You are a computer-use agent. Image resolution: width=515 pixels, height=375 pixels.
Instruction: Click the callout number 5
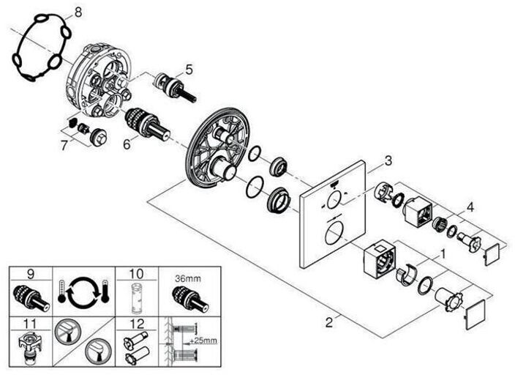click(189, 70)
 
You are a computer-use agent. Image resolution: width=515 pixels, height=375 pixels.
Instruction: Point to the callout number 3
click(388, 160)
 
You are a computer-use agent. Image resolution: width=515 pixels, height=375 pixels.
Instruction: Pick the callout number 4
click(470, 207)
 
